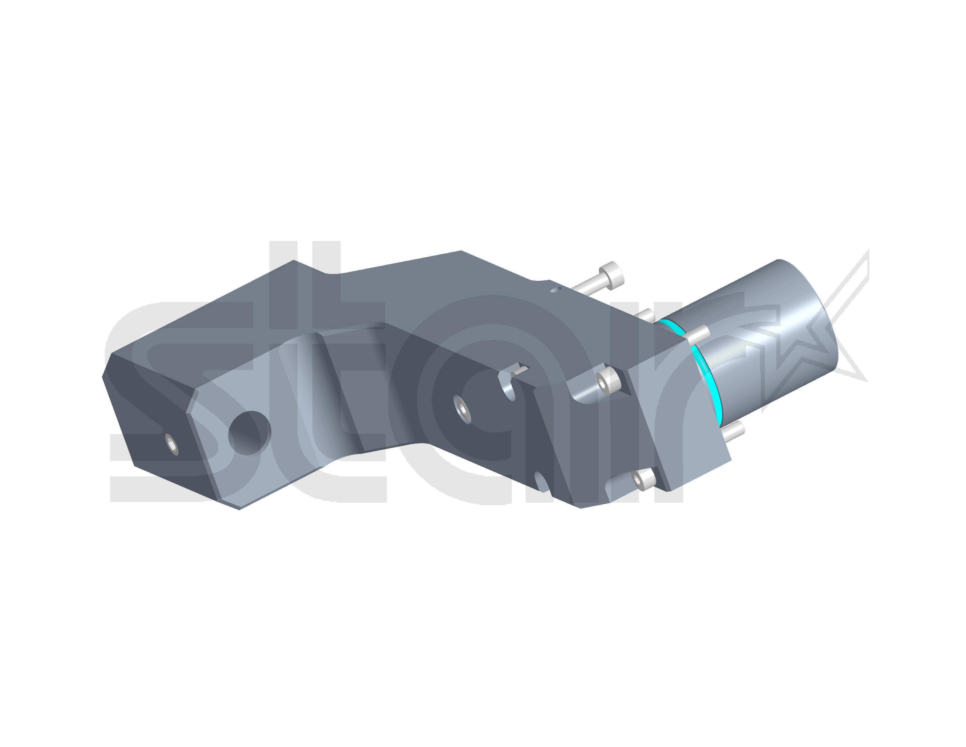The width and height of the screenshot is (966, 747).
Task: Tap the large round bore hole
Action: point(249,433)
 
